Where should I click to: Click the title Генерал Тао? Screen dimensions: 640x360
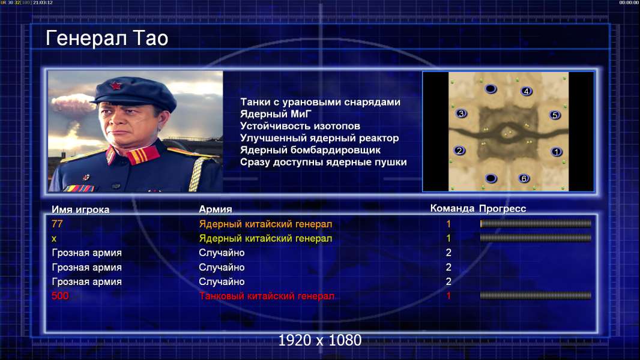click(x=107, y=38)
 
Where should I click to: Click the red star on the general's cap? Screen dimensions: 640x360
click(x=115, y=86)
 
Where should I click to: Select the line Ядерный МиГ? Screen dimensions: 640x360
click(x=276, y=114)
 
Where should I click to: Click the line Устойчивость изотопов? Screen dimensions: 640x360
click(x=300, y=126)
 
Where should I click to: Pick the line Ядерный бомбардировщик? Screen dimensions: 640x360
click(x=310, y=150)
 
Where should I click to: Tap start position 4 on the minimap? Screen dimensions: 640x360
click(x=526, y=91)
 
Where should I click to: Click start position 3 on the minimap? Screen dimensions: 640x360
click(x=461, y=113)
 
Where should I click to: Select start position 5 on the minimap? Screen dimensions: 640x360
click(x=555, y=115)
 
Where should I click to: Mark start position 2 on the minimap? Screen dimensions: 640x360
click(x=459, y=151)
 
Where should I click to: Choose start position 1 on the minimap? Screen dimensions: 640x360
click(x=557, y=152)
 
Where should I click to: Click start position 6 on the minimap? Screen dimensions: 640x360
click(x=524, y=178)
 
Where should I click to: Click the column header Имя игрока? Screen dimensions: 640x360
click(x=80, y=209)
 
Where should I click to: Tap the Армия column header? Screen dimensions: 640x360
click(x=216, y=209)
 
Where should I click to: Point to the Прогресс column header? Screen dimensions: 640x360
click(x=503, y=209)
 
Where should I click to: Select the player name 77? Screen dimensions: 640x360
click(x=57, y=224)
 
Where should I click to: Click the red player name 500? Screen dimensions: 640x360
click(x=60, y=296)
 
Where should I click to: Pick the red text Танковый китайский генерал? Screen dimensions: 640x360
click(x=267, y=296)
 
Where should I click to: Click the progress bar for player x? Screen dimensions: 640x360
click(x=536, y=238)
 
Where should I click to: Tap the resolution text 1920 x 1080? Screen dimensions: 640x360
click(x=320, y=340)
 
